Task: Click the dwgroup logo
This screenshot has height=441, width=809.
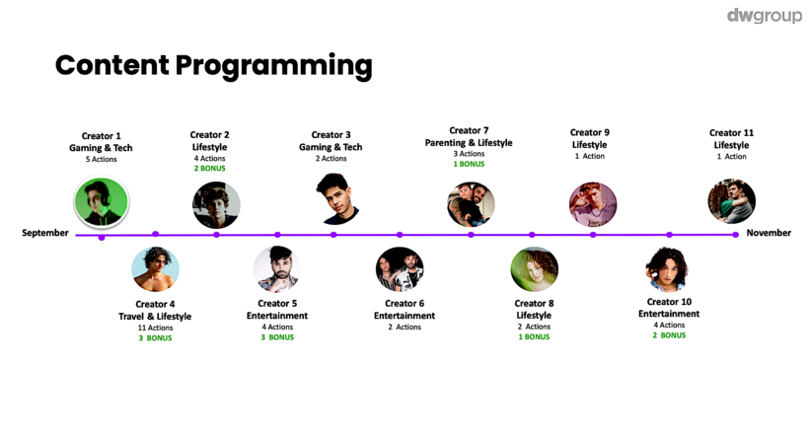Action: pyautogui.click(x=765, y=16)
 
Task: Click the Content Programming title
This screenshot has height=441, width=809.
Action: pyautogui.click(x=214, y=65)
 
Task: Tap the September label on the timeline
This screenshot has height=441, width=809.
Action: pyautogui.click(x=44, y=233)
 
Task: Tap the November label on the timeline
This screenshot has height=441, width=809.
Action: pyautogui.click(x=769, y=233)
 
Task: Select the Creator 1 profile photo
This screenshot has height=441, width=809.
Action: pyautogui.click(x=102, y=201)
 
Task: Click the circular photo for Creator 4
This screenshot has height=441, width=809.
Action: pyautogui.click(x=155, y=269)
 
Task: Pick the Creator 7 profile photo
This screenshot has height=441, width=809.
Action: pyautogui.click(x=471, y=204)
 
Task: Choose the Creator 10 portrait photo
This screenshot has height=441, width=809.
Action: pyautogui.click(x=669, y=269)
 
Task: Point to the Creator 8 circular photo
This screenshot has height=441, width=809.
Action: pyautogui.click(x=534, y=269)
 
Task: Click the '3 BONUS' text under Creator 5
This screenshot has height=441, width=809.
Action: pyautogui.click(x=277, y=337)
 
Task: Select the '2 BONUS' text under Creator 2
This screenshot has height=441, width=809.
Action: pyautogui.click(x=209, y=168)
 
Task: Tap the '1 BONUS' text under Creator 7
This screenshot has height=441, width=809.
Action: pyautogui.click(x=469, y=164)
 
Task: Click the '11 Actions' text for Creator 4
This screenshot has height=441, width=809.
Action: pyautogui.click(x=155, y=328)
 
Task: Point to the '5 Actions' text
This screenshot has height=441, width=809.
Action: pyautogui.click(x=101, y=160)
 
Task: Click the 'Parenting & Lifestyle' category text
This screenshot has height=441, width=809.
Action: pyautogui.click(x=469, y=143)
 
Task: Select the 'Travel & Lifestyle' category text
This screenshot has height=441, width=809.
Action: pyautogui.click(x=155, y=316)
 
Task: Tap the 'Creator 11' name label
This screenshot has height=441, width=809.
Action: pyautogui.click(x=731, y=133)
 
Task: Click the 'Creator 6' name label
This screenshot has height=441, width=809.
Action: pyautogui.click(x=404, y=303)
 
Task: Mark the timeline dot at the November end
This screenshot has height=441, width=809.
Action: pyautogui.click(x=735, y=235)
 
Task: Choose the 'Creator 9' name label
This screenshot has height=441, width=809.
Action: pyautogui.click(x=589, y=132)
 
